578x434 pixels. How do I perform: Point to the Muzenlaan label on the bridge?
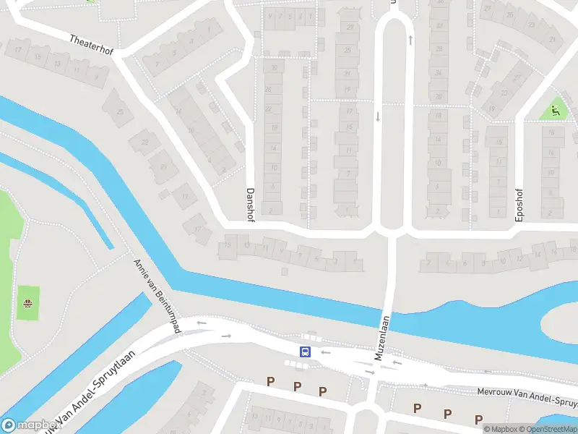click(x=382, y=338)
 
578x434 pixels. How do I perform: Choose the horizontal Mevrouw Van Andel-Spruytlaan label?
click(x=527, y=394)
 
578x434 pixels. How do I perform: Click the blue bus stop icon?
click(x=305, y=352)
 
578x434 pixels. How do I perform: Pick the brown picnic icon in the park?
click(x=28, y=304)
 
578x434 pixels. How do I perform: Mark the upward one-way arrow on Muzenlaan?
click(x=410, y=41)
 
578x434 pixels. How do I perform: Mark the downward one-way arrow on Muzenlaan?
click(x=377, y=116)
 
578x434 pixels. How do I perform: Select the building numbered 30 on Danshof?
click(x=273, y=67)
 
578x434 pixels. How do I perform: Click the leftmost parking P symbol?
click(x=271, y=381)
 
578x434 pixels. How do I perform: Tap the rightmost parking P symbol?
click(x=478, y=419)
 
